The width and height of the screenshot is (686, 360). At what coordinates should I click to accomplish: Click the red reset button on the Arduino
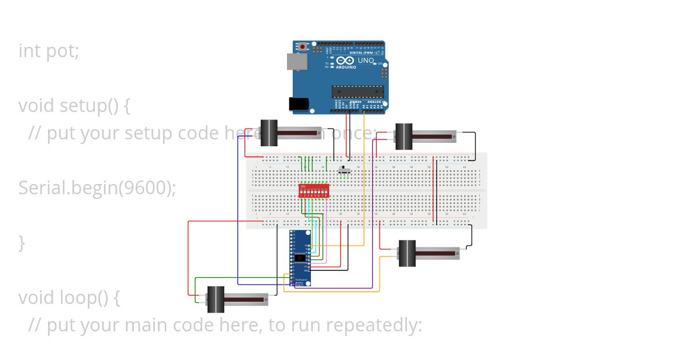point(310,47)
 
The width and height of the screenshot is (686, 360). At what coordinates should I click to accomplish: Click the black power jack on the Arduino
point(298,103)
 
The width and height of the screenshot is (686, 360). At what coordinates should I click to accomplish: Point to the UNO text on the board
point(366,61)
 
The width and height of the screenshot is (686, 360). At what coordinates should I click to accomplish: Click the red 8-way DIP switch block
point(314,191)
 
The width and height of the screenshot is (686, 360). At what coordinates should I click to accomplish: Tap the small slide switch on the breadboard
point(344,170)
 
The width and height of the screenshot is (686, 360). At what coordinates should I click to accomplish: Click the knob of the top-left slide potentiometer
point(269,133)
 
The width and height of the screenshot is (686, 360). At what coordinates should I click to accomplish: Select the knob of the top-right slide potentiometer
point(404,137)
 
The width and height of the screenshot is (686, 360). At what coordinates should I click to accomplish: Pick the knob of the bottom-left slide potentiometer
point(215,299)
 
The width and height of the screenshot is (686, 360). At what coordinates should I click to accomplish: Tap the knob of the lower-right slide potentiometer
point(406,253)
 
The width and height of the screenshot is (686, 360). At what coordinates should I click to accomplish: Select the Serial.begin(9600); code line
point(97,187)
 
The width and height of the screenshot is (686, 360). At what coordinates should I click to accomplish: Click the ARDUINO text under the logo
point(346,67)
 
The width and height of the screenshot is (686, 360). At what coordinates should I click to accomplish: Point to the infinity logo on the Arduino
point(345,60)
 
